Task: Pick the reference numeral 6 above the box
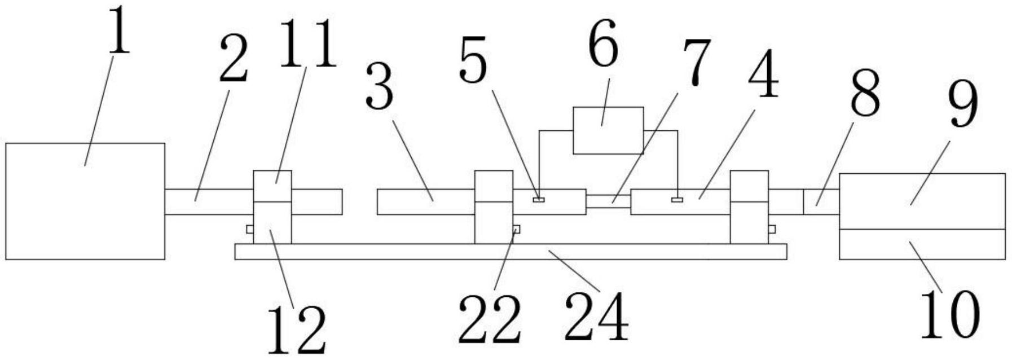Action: coord(602,44)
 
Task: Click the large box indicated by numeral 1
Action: coord(85,201)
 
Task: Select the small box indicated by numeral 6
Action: coord(608,130)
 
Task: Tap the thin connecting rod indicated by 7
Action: coord(608,201)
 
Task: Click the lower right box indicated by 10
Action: coord(922,244)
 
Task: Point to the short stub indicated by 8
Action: coord(821,202)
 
